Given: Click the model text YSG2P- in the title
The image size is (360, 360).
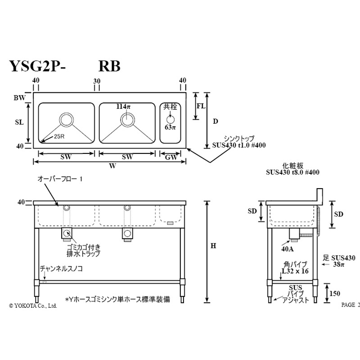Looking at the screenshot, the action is click(37, 66).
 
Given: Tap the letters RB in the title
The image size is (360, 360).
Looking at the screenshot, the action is click(109, 66).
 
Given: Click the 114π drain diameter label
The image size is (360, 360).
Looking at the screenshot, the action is click(123, 107).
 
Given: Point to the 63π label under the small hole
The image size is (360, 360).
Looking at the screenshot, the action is click(170, 127).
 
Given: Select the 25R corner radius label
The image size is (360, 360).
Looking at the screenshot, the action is click(59, 137).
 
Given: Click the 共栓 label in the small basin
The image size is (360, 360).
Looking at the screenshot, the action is click(170, 107).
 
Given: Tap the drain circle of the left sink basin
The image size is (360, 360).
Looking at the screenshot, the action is click(66, 120).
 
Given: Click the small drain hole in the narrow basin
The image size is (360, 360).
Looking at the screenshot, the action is click(171, 120).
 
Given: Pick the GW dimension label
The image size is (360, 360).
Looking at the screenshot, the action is click(171, 157).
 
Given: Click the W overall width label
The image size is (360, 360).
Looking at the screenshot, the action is click(112, 166).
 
